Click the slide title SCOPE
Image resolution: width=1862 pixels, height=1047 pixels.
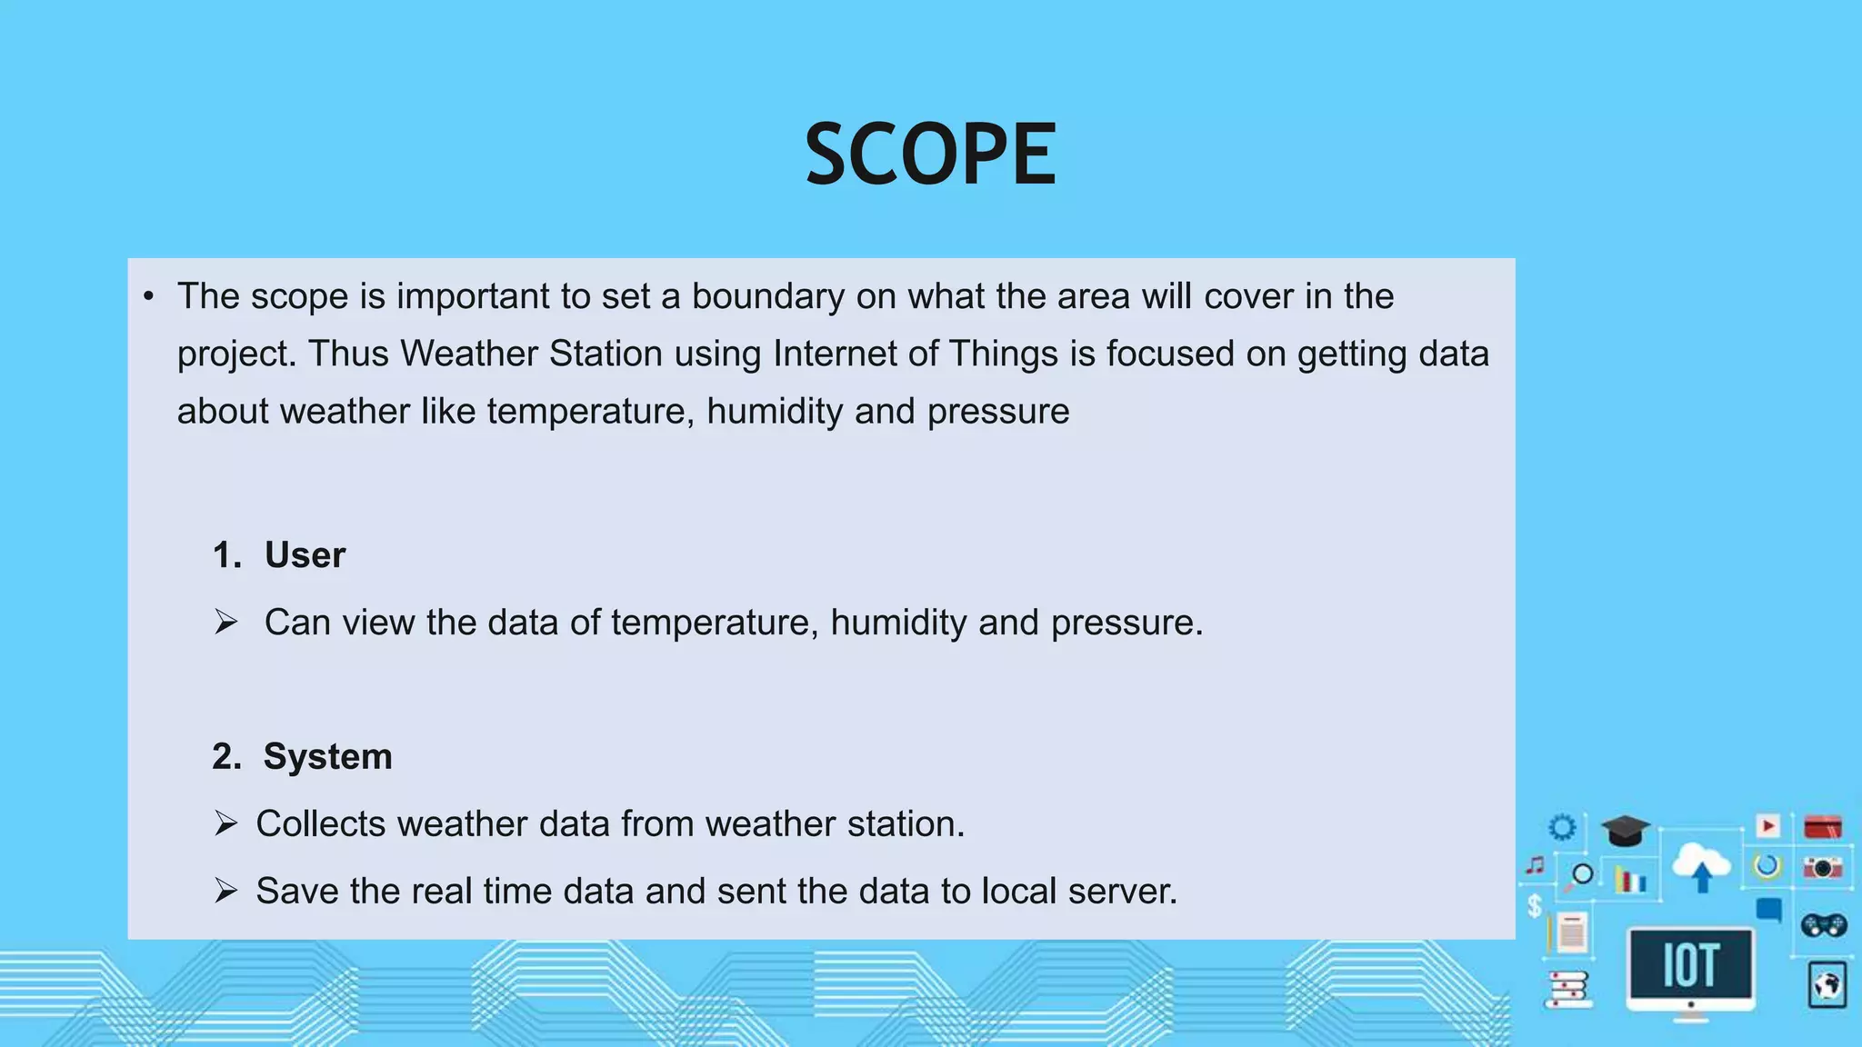(930, 155)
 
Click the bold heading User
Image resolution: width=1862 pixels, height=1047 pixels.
(305, 555)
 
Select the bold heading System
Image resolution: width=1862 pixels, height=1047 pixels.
(327, 757)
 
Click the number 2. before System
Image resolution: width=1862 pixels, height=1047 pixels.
(226, 757)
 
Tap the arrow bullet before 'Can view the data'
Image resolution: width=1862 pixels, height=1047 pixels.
(225, 623)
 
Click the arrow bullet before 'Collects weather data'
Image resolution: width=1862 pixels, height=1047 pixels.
(225, 824)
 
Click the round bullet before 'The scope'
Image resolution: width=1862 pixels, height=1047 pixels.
(148, 297)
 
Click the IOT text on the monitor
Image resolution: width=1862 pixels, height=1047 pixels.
(1690, 965)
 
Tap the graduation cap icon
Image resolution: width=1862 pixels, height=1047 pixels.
(1625, 830)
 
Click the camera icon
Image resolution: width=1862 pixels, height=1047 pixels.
(1822, 867)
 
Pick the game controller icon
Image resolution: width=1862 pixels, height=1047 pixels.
(1823, 925)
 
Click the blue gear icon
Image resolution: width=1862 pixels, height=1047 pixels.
(1562, 827)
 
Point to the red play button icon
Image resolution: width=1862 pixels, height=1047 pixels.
(1767, 825)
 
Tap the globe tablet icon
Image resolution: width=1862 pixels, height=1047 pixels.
(1827, 985)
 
